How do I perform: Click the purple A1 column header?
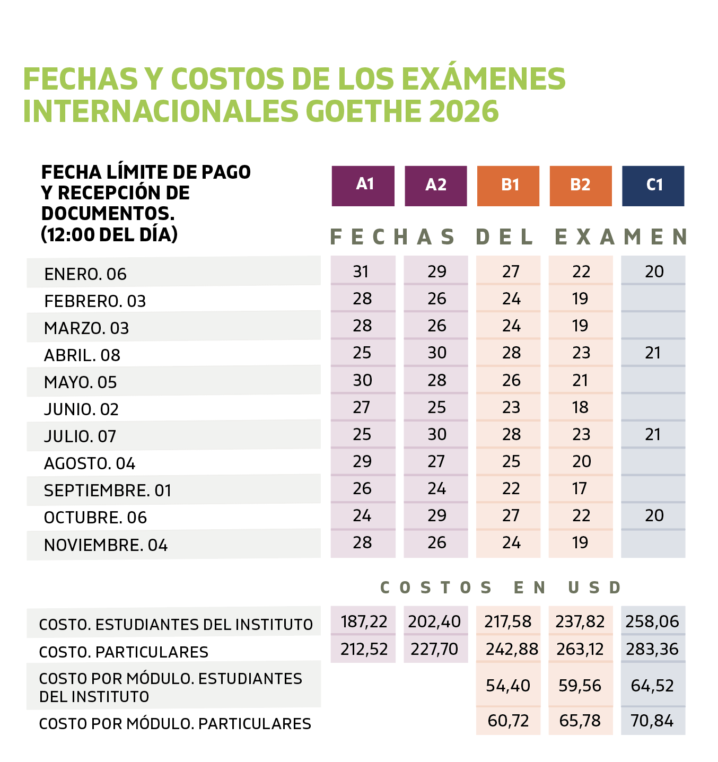point(363,186)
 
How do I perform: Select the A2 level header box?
point(436,186)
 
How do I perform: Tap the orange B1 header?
point(508,186)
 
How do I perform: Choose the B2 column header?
point(581,186)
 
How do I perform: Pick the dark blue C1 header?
point(653,186)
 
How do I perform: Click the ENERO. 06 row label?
point(85,274)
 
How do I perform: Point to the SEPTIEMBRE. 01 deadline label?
point(108,491)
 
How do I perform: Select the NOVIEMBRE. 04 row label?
point(106,545)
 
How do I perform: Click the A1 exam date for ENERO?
point(361,271)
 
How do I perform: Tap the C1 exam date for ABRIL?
point(653,353)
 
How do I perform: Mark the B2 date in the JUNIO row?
point(580,407)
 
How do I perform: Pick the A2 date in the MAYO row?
point(437,380)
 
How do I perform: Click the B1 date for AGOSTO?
point(511,461)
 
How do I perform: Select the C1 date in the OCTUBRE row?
point(654,515)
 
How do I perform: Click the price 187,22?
point(364,621)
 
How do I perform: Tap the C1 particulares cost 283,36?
point(652,649)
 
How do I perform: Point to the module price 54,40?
point(508,686)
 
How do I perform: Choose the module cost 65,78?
point(580,721)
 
